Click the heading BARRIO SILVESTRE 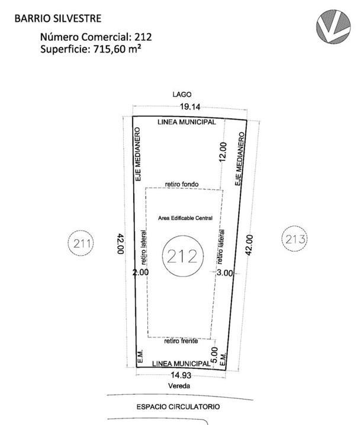click(58, 18)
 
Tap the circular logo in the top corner click(333, 26)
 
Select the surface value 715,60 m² click(117, 49)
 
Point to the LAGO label click(182, 94)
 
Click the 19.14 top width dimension click(190, 107)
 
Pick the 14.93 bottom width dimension click(181, 375)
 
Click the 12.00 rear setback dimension click(223, 152)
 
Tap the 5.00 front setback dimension click(214, 355)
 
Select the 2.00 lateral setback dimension click(141, 272)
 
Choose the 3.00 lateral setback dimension click(225, 273)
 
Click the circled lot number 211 click(81, 243)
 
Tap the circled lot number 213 click(295, 239)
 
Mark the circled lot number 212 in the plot click(183, 256)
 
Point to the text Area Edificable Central click(185, 218)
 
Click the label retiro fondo click(182, 184)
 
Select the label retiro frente click(181, 341)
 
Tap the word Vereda click(179, 386)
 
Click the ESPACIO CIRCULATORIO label click(178, 407)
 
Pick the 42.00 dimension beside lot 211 click(121, 244)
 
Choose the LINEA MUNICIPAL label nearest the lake click(187, 122)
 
